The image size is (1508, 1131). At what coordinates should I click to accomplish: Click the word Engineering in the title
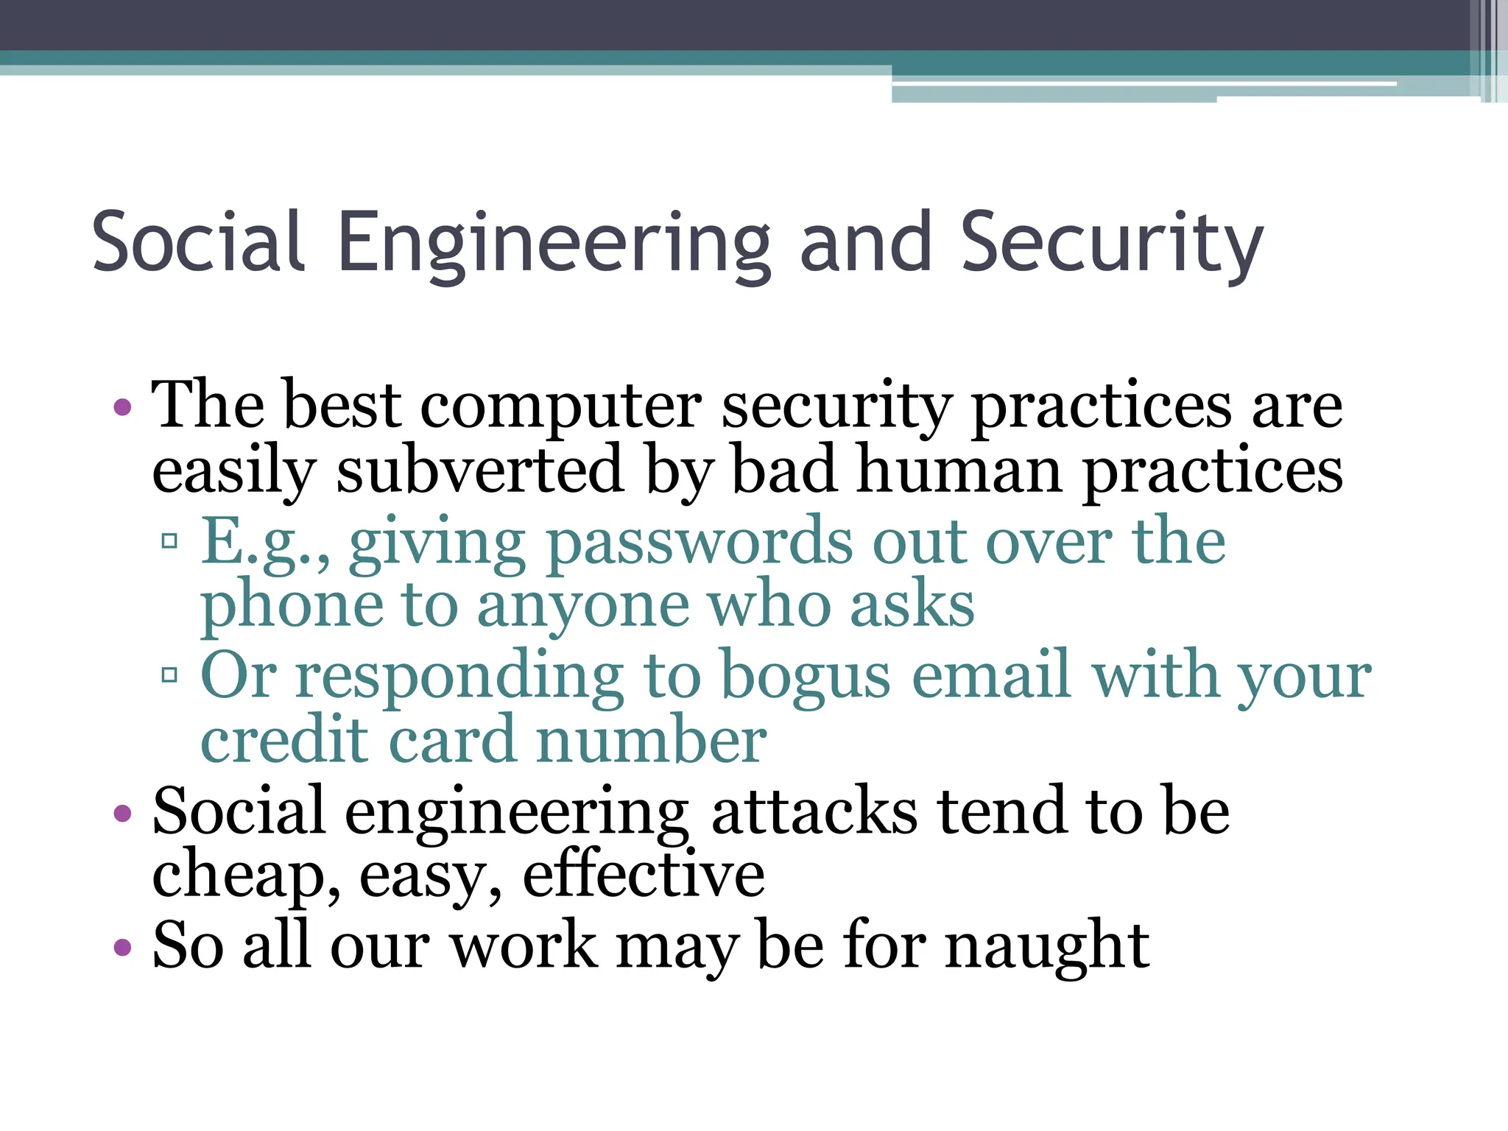coord(553,244)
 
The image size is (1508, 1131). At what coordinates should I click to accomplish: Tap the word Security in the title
coord(1112,244)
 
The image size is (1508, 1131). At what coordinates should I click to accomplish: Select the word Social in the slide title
coord(197,242)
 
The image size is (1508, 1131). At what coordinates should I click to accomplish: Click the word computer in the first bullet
coord(561,407)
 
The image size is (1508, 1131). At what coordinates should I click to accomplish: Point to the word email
coord(990,675)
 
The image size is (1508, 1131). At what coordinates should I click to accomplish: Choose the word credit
coord(284,740)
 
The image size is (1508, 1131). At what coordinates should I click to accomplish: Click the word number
coord(652,740)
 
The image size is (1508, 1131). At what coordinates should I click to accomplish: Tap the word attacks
coord(814,812)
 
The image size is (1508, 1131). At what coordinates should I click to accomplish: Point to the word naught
coord(1047,946)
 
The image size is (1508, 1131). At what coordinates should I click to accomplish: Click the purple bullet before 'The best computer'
coord(123,407)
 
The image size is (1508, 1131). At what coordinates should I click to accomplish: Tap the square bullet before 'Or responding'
coord(169,674)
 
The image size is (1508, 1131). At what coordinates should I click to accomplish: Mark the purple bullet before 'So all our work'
coord(123,947)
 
